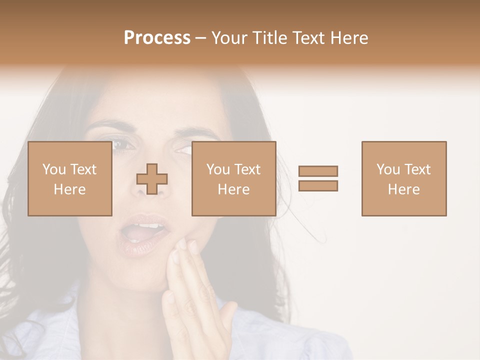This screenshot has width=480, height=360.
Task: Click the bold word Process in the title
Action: pos(157,38)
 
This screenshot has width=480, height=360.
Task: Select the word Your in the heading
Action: pos(229,38)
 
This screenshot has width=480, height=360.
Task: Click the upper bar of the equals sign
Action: pos(318,171)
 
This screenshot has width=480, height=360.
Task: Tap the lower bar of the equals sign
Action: pos(318,185)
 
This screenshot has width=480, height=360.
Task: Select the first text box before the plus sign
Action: pos(69,178)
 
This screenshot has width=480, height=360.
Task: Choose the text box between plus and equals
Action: pos(233,178)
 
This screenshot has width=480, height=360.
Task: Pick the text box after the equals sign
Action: pos(404,178)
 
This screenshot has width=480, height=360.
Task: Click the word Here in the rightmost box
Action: pos(404,189)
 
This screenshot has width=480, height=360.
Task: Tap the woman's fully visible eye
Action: pos(122,144)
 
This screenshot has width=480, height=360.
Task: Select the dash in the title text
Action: pos(201,38)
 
